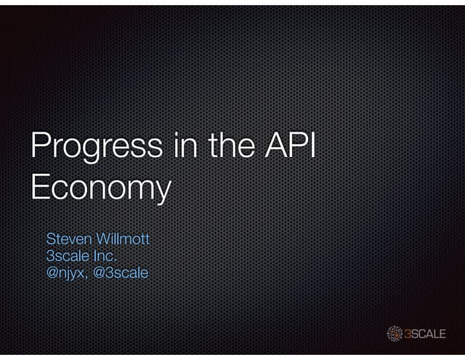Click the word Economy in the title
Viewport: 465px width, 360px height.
pos(100,188)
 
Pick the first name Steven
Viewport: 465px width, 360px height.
pos(66,239)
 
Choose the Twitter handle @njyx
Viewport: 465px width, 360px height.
pos(67,274)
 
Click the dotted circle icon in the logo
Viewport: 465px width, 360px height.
pos(395,334)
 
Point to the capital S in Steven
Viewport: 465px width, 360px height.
pos(51,239)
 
